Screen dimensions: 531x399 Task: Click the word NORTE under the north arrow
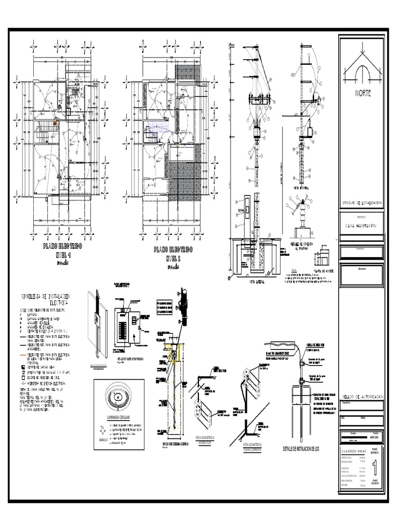click(363, 93)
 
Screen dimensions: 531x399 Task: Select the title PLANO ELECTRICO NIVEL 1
click(62, 251)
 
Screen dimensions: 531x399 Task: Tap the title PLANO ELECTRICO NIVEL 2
click(173, 253)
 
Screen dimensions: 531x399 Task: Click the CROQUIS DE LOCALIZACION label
click(362, 203)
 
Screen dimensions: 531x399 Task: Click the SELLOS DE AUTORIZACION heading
click(362, 396)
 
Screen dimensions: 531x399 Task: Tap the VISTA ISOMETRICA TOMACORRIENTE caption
click(254, 446)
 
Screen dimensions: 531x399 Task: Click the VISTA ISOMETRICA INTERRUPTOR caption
click(207, 439)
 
